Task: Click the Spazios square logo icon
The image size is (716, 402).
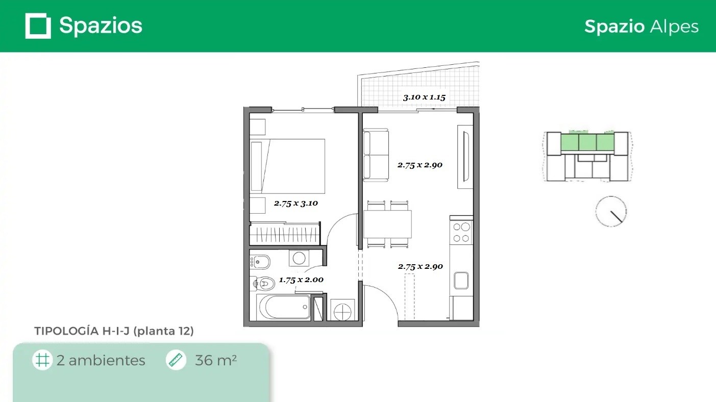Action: (x=38, y=26)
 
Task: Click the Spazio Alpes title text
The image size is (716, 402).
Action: (x=641, y=27)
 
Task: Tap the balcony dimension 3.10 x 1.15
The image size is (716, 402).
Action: (x=424, y=97)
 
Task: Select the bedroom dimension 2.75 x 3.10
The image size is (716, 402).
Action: (x=296, y=203)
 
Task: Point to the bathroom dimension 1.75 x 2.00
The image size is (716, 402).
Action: (x=301, y=280)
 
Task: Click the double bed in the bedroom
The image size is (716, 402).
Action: (x=287, y=166)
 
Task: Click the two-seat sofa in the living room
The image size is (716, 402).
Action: (x=376, y=155)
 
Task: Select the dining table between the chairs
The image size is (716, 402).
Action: (x=387, y=224)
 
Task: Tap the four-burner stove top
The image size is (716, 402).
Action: (x=461, y=233)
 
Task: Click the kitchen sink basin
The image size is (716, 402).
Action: (x=461, y=281)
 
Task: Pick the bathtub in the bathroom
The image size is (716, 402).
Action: (x=284, y=307)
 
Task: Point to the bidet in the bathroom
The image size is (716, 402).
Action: (x=260, y=262)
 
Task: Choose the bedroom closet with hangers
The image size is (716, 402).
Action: (x=285, y=234)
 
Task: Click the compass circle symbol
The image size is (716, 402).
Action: (x=611, y=212)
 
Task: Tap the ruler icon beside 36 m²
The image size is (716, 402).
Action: (x=176, y=360)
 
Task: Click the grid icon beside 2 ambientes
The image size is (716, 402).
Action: (x=42, y=360)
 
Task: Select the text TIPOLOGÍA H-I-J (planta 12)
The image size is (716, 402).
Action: (x=114, y=331)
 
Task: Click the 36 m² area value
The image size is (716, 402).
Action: (x=216, y=361)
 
